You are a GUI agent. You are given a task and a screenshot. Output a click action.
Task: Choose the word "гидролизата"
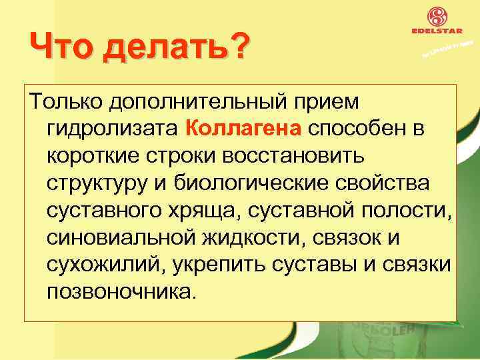(113, 129)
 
